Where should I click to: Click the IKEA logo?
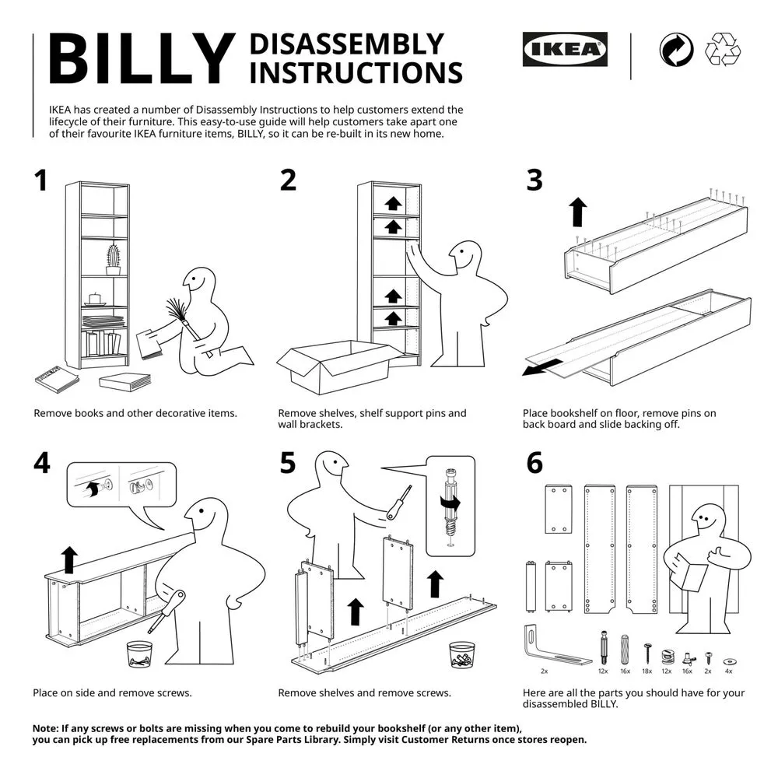point(565,49)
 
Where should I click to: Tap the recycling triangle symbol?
point(723,49)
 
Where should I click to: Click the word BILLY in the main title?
point(142,59)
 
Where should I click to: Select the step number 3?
point(534,180)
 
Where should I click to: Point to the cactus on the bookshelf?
point(114,259)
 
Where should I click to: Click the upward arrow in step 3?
point(577,212)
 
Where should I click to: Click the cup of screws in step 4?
point(139,654)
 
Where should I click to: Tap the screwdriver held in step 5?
point(399,503)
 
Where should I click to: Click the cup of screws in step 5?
point(462,655)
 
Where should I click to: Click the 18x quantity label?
point(647,671)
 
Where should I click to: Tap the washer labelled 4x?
point(729,661)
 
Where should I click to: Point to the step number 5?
point(288,463)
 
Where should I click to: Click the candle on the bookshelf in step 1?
point(94,300)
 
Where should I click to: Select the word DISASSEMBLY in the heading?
point(347,44)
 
